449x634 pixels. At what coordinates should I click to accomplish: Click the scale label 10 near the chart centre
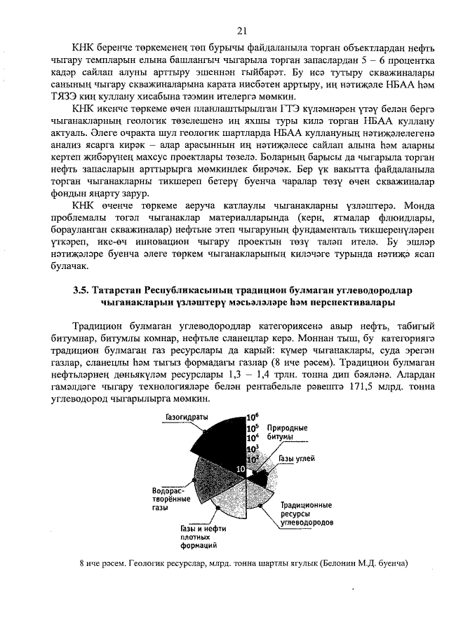click(241, 467)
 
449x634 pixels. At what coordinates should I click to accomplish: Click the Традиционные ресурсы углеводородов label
click(307, 514)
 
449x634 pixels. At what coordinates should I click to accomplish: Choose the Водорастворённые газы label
click(171, 499)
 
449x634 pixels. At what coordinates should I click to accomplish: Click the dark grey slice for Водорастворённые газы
click(210, 476)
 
